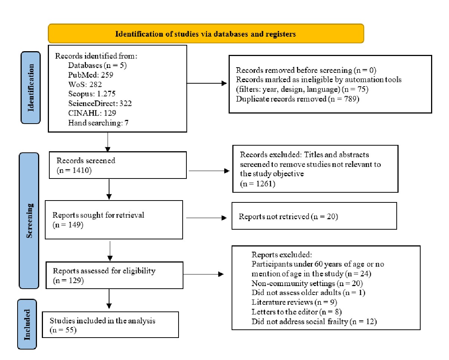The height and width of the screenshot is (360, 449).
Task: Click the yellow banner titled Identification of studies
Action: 206,33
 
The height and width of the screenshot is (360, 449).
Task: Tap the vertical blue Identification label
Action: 31,88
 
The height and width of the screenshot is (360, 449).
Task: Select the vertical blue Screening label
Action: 29,221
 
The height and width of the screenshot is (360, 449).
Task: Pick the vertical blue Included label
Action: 27,324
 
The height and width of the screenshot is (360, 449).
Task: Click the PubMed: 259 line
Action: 90,75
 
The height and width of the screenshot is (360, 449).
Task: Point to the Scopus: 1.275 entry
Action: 92,94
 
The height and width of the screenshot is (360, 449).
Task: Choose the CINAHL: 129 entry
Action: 92,113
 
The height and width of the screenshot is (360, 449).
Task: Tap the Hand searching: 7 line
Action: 98,123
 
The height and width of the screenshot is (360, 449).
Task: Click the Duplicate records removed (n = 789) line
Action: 297,99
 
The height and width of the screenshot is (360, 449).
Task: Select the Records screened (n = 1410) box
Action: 118,165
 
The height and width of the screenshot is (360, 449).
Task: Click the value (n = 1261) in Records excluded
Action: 257,184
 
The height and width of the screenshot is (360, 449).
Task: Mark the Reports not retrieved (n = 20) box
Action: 314,216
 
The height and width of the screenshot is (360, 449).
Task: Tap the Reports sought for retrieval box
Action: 114,220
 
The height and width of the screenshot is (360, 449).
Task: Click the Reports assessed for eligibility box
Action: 115,275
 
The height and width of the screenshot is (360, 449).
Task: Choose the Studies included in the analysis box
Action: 110,325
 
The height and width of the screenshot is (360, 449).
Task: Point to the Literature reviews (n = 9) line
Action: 294,302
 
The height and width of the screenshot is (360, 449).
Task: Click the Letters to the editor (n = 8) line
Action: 297,312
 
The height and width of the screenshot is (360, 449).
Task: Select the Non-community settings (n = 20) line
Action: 307,283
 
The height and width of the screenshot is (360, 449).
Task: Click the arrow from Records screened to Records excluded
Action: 209,171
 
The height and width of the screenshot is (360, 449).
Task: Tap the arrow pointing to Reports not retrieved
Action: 206,218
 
